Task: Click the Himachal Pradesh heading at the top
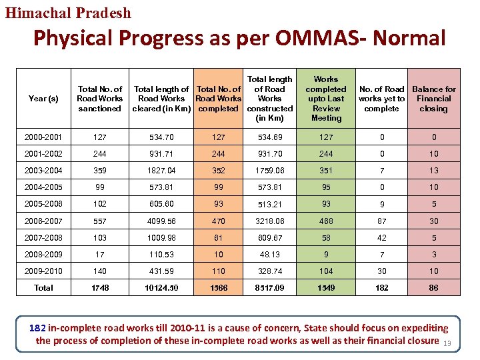(69, 13)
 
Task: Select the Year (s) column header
(43, 99)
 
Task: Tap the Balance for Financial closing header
(433, 99)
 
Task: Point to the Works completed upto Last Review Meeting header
(326, 99)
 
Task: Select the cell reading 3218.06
(269, 221)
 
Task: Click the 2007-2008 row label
(43, 238)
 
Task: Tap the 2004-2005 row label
(43, 187)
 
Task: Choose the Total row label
(43, 288)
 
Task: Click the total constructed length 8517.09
(269, 288)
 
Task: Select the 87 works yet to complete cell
(381, 221)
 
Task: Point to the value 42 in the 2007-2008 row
(381, 238)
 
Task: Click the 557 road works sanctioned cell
(100, 221)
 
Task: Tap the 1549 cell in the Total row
(326, 288)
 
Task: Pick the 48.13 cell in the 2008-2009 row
(269, 255)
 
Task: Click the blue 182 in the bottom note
(38, 328)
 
